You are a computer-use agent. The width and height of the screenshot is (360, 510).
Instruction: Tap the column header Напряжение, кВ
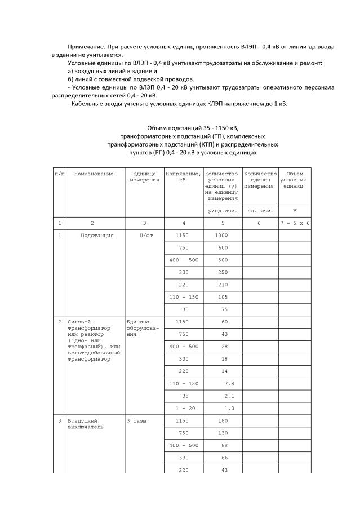[x=183, y=177]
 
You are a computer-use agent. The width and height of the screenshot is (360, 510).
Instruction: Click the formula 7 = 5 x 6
[x=295, y=224]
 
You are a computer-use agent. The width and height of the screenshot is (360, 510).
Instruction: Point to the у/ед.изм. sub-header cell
[x=222, y=210]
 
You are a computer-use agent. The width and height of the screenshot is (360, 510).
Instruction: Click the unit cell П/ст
[x=145, y=235]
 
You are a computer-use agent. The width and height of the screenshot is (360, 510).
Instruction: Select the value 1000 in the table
[x=222, y=235]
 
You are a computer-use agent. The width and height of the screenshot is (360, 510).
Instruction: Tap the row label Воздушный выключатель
[x=83, y=424]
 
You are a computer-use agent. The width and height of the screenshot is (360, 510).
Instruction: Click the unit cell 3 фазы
[x=137, y=420]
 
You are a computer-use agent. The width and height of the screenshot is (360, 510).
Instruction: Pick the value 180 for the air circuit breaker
[x=223, y=420]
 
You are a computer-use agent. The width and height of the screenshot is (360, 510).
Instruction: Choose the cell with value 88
[x=223, y=445]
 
